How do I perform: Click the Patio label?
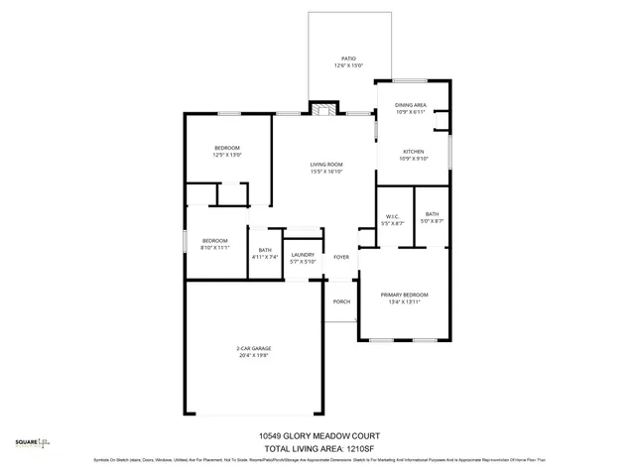pos(348,59)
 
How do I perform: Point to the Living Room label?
pos(325,164)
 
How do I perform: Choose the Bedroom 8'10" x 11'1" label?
pos(215,240)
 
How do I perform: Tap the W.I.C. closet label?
pos(391,217)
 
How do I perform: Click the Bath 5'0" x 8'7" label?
pos(433,213)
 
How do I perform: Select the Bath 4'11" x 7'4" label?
pos(265,250)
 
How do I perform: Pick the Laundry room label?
pos(303,255)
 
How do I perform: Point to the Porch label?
pos(341,301)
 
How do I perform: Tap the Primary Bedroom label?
pos(405,295)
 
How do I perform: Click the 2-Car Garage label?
pos(254,348)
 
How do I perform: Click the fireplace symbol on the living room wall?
pos(322,108)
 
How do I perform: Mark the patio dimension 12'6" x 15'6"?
pos(348,65)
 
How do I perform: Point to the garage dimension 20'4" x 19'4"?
pos(254,355)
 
